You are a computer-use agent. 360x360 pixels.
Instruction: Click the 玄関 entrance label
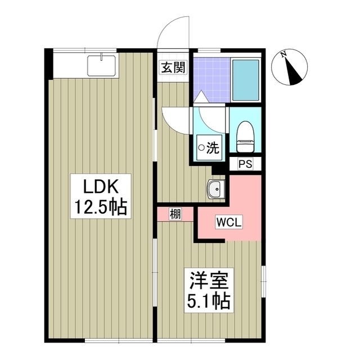coord(173,67)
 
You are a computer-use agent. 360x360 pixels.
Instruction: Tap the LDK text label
coord(101,187)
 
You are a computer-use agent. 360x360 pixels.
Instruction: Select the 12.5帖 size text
coord(101,208)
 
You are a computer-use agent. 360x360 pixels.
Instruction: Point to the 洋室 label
coord(209,281)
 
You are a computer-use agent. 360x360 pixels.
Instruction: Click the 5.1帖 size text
coord(209,301)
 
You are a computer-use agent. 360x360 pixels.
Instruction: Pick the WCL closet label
coord(229,222)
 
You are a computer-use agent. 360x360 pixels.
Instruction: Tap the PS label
coord(245,164)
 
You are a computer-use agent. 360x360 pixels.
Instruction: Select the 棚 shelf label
coord(175,214)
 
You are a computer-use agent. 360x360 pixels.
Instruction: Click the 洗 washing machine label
coord(213,148)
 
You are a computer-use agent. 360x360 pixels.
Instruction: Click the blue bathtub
coord(246,80)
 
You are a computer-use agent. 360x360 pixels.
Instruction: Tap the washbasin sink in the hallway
coord(216,189)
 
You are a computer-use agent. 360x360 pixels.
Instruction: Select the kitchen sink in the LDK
coord(101,66)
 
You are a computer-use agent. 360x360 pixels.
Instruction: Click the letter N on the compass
coord(284,54)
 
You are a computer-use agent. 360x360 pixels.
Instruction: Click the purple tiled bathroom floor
coord(211,80)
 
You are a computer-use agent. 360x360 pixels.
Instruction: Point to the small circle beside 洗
coord(201,148)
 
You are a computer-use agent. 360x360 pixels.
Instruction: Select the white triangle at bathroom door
coord(201,97)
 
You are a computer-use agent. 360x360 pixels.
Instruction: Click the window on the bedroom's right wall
coord(264,281)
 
